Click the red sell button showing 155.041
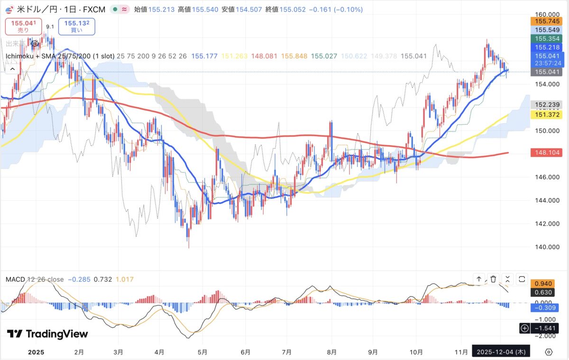[23, 26]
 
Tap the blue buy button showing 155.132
[76, 26]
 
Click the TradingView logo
[47, 334]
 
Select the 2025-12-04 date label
[501, 351]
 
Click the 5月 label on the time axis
[202, 352]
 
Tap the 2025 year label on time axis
[36, 352]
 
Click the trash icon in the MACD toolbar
[493, 279]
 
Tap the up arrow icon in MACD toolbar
[479, 279]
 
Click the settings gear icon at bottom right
[549, 351]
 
